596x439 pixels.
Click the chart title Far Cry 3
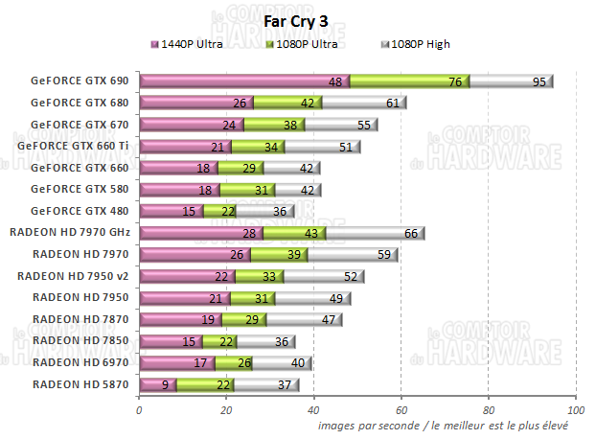297,23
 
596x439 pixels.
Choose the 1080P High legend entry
420,44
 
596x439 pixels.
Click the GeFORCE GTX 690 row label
80,81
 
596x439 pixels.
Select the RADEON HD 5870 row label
80,384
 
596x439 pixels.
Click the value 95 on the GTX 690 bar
539,81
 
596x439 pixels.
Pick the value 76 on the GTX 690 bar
455,81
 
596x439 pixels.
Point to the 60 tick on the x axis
401,410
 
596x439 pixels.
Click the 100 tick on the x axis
575,410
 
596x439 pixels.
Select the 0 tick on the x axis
140,410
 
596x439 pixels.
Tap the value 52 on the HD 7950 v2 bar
351,276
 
